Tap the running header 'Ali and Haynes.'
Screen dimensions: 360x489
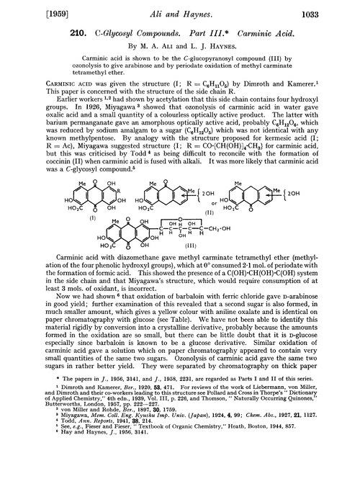180,9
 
